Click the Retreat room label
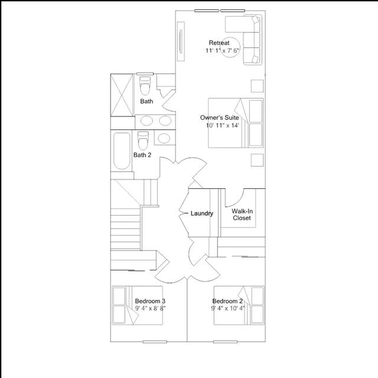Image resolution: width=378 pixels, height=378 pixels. click(x=219, y=43)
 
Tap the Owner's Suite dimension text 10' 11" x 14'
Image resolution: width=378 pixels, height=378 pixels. click(x=222, y=125)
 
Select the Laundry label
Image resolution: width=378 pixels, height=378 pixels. click(x=202, y=213)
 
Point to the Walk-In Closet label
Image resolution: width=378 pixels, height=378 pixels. click(x=242, y=214)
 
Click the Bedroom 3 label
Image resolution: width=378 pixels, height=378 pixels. click(x=150, y=301)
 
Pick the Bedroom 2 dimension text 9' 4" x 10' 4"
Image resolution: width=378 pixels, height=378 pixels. click(x=228, y=308)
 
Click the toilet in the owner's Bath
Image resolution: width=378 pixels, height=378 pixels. click(x=145, y=86)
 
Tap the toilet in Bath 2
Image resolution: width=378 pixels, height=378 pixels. click(x=143, y=141)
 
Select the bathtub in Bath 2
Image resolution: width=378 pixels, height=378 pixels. click(x=122, y=151)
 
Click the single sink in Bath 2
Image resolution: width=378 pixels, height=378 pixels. click(x=164, y=138)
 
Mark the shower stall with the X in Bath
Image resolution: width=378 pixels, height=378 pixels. click(x=122, y=95)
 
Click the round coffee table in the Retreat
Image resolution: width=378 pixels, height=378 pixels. click(x=230, y=47)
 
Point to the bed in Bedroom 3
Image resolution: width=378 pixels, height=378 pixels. click(x=137, y=305)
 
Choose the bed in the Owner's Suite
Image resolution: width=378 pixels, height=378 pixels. click(x=236, y=123)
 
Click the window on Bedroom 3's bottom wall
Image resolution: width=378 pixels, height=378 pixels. click(x=155, y=341)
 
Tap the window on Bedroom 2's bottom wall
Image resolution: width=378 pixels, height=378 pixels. click(x=226, y=341)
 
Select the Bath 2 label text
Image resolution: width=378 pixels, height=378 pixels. click(x=142, y=155)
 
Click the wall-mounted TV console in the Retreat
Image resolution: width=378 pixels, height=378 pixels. click(x=181, y=41)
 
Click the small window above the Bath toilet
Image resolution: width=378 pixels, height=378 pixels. click(x=145, y=74)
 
